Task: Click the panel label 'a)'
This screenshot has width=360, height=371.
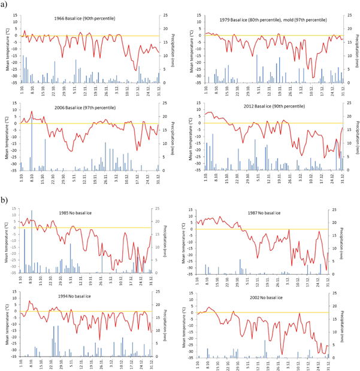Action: [5, 5]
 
